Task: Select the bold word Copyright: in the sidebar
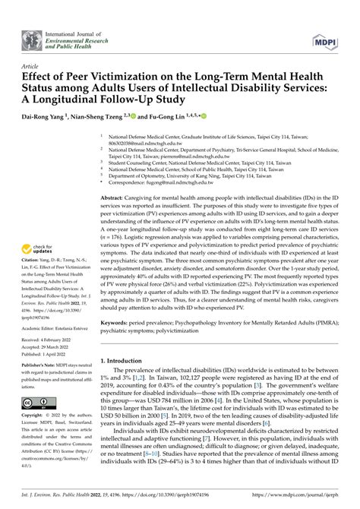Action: click(x=35, y=416)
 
